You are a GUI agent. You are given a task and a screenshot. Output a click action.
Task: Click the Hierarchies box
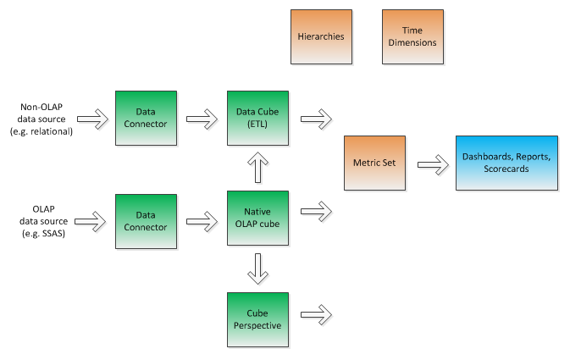click(320, 37)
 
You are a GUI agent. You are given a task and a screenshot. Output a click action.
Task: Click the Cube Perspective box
click(257, 319)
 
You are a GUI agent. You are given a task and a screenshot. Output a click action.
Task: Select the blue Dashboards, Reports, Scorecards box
click(506, 163)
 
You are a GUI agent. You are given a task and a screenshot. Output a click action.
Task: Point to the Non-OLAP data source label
click(47, 119)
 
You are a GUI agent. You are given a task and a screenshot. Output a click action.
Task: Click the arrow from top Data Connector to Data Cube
click(202, 119)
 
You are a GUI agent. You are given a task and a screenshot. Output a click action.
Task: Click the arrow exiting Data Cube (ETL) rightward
click(316, 119)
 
